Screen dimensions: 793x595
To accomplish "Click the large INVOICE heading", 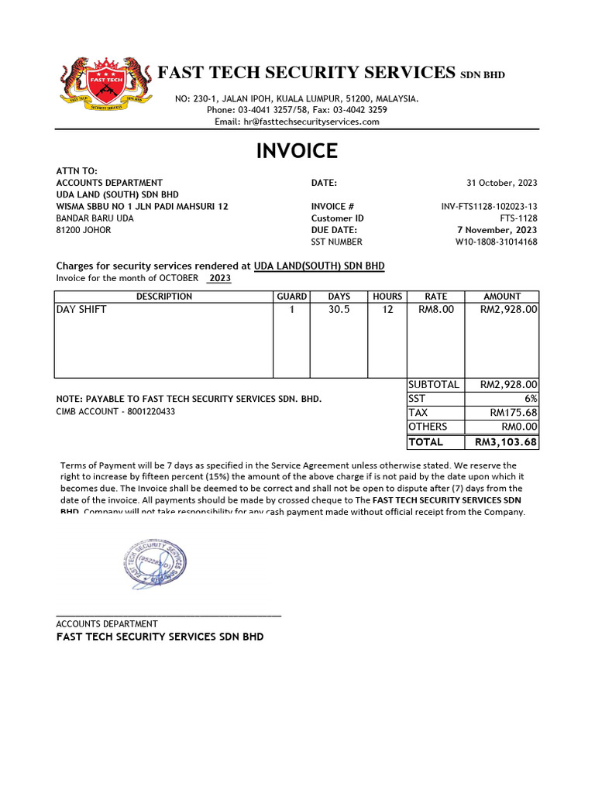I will click(297, 151).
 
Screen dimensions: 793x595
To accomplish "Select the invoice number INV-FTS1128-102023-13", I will click(489, 207).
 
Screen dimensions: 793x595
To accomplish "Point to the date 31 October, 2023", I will click(501, 183).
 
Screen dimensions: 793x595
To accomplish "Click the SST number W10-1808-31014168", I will click(496, 242).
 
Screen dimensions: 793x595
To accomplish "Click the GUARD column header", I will click(292, 297).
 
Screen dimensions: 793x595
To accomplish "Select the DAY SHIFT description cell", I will click(81, 310).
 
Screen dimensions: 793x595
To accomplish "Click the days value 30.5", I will click(339, 310).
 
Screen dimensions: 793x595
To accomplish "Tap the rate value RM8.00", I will click(436, 310).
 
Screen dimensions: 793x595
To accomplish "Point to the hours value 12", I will click(387, 310).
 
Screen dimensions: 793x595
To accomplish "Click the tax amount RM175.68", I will click(514, 413).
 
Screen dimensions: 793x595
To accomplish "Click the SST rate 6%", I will click(530, 399).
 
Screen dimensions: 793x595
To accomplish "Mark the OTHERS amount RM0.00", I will click(519, 427).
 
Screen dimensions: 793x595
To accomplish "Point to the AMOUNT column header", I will click(502, 297).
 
